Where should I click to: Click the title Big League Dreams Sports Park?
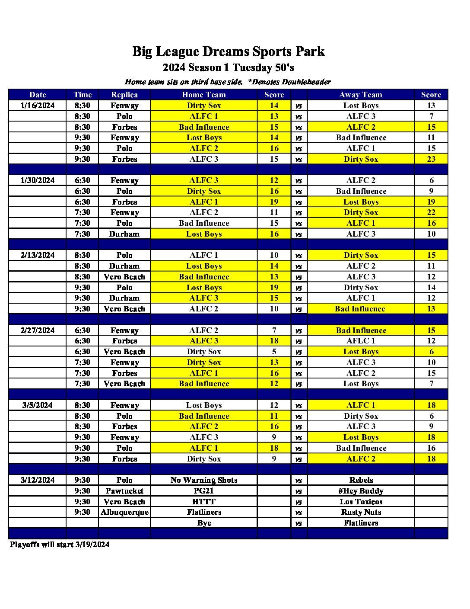click(228, 51)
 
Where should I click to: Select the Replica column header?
click(124, 95)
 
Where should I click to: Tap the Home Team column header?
click(203, 95)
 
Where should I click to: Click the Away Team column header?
click(361, 95)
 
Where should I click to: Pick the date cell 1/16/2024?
click(38, 106)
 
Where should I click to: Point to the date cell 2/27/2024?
click(38, 330)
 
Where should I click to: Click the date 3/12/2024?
click(38, 480)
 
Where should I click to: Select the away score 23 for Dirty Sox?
click(431, 159)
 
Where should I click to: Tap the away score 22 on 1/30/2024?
click(431, 212)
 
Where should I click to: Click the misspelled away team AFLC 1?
click(361, 341)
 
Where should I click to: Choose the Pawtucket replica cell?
click(124, 491)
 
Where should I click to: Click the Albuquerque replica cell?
click(124, 512)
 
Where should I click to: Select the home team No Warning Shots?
click(204, 480)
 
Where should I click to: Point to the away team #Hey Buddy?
click(361, 491)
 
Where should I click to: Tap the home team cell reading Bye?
click(204, 523)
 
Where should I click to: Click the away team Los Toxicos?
click(361, 502)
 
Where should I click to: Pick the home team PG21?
click(204, 491)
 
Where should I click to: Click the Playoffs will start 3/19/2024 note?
click(60, 545)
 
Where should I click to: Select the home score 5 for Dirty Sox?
click(274, 352)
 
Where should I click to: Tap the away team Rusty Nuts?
click(361, 512)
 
